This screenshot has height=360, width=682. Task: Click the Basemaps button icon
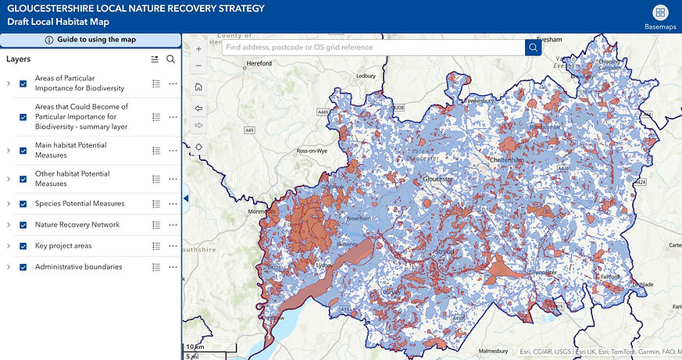tap(661, 12)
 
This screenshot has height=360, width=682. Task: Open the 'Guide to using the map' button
tap(91, 40)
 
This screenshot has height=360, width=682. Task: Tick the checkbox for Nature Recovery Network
tap(23, 225)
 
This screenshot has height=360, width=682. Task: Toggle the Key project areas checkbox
tap(23, 246)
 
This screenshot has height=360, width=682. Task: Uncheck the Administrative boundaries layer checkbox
tap(23, 267)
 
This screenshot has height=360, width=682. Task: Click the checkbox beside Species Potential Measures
tap(23, 204)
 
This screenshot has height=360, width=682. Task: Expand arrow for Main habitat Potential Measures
tap(9, 151)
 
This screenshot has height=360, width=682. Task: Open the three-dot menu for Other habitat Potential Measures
tap(173, 179)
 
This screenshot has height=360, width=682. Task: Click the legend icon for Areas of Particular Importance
tap(156, 84)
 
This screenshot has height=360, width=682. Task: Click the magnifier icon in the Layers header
tap(170, 59)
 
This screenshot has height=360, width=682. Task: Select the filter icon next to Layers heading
tap(154, 59)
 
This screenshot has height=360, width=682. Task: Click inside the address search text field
tap(372, 48)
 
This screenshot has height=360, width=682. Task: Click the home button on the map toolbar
tap(198, 87)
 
